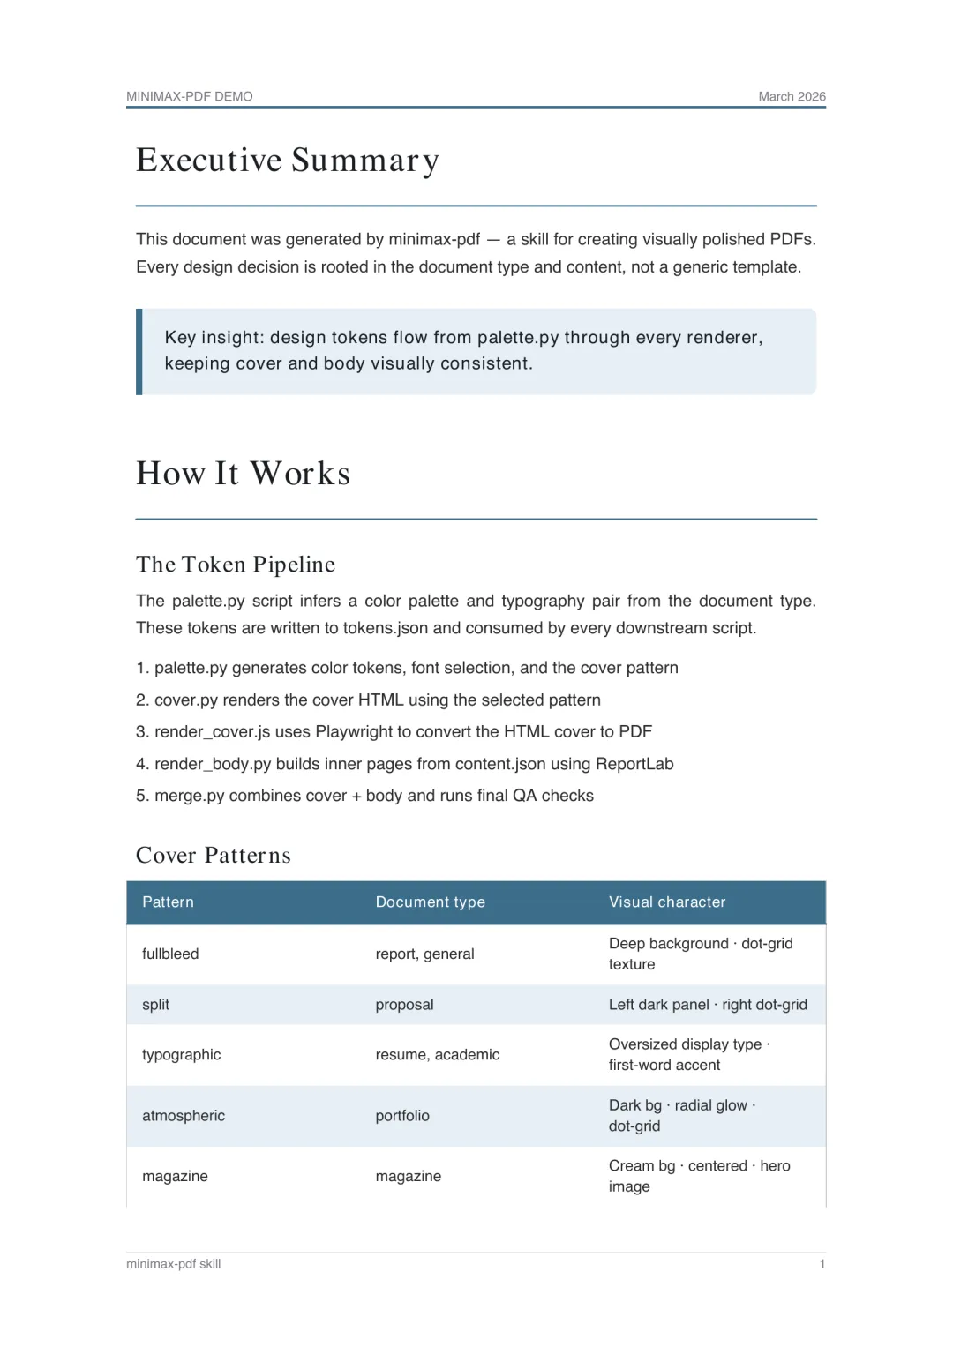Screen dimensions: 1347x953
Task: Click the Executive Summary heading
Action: click(x=288, y=161)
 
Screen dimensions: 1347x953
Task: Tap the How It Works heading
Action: click(x=244, y=474)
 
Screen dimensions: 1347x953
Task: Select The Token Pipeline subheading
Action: click(x=236, y=565)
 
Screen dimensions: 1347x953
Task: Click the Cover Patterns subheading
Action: click(x=214, y=856)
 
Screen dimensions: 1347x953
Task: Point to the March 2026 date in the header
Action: click(x=792, y=96)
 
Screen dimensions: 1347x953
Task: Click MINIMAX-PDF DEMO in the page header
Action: click(x=190, y=96)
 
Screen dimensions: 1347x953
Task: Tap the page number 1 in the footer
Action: click(x=822, y=1264)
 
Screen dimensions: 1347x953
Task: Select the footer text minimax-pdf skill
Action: click(x=174, y=1264)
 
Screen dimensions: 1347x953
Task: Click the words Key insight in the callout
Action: click(x=213, y=338)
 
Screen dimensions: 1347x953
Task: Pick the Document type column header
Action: click(x=431, y=902)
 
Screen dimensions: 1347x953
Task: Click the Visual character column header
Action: click(x=667, y=902)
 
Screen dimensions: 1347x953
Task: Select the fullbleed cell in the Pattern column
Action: click(x=170, y=954)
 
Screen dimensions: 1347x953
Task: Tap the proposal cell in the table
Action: click(x=405, y=1005)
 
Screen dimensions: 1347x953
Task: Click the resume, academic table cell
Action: click(x=438, y=1055)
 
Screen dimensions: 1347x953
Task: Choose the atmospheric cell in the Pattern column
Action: click(x=184, y=1116)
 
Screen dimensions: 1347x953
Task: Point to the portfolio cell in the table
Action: click(x=402, y=1116)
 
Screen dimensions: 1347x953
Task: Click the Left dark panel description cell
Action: click(x=708, y=1005)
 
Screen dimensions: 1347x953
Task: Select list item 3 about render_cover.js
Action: click(x=394, y=732)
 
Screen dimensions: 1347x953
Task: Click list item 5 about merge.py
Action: click(x=365, y=796)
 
